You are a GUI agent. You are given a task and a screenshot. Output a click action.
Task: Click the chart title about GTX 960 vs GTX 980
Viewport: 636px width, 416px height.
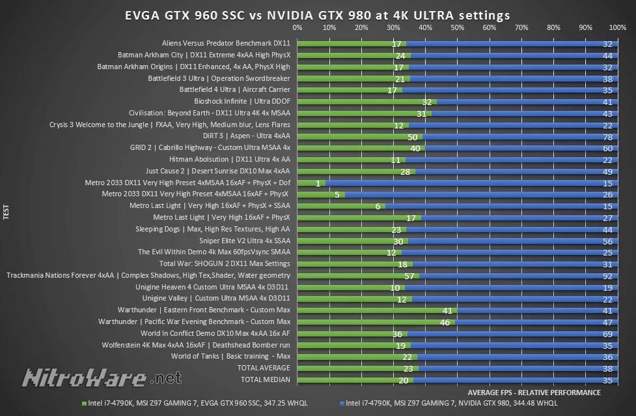point(318,15)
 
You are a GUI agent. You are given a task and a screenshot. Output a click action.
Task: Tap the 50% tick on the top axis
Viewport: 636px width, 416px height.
point(457,28)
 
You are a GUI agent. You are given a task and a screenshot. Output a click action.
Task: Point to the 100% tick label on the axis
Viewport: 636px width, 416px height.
point(617,28)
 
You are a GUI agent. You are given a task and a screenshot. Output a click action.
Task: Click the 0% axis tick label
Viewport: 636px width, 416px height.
point(297,28)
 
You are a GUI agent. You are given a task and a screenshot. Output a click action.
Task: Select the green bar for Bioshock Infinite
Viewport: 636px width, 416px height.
point(366,102)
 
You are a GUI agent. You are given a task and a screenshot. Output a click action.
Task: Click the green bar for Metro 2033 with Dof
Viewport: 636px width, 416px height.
point(311,183)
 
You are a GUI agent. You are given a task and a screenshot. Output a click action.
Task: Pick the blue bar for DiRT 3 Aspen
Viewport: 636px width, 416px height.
point(521,137)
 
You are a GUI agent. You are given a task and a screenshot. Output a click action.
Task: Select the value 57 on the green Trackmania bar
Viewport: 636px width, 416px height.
point(409,276)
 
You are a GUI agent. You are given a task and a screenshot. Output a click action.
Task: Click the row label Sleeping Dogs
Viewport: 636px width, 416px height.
point(212,230)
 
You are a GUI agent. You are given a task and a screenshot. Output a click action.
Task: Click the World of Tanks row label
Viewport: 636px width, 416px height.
point(230,357)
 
